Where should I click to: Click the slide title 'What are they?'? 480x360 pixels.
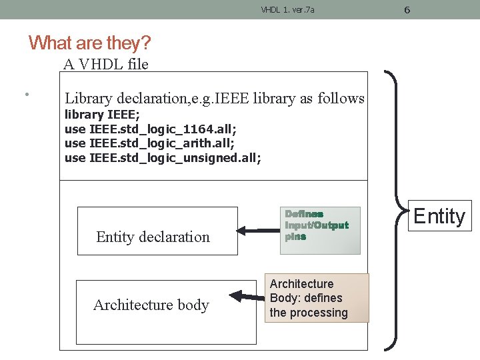click(x=90, y=43)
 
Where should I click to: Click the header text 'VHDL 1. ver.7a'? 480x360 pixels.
click(x=287, y=10)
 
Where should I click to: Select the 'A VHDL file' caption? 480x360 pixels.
click(x=105, y=64)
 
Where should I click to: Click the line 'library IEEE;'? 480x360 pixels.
click(x=102, y=114)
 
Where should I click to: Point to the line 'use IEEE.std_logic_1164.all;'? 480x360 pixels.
click(x=150, y=129)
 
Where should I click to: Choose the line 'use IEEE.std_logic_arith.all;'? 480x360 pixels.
click(x=149, y=143)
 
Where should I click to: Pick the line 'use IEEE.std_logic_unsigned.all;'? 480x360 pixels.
click(x=163, y=157)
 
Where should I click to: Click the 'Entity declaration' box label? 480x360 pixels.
click(x=153, y=237)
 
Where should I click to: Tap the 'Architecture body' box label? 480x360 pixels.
click(x=151, y=305)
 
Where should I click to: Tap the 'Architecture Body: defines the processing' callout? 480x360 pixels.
click(x=317, y=299)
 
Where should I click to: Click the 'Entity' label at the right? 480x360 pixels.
click(x=439, y=216)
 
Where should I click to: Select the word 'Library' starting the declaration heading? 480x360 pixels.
click(x=87, y=98)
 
